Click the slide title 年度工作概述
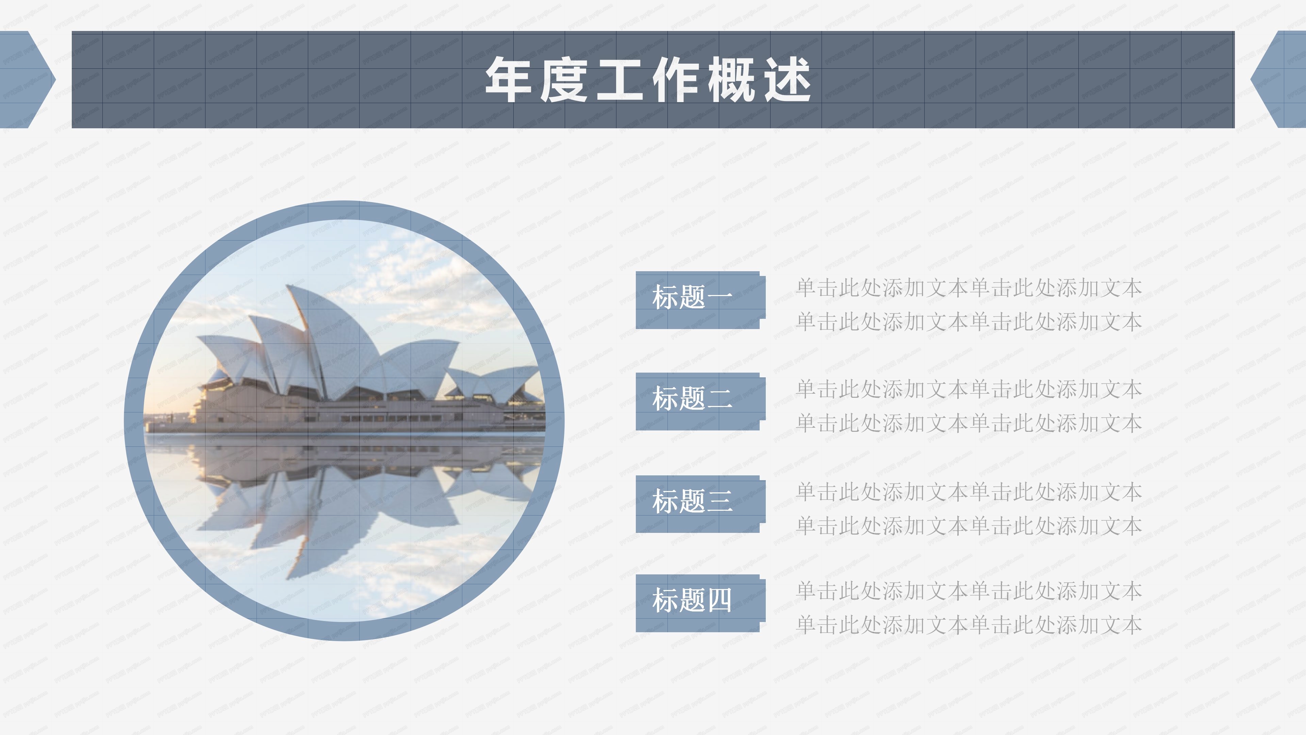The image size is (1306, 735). click(648, 80)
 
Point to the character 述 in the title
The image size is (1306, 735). click(787, 80)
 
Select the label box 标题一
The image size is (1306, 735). click(699, 300)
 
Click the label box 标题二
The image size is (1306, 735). click(699, 401)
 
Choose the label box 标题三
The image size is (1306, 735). click(699, 504)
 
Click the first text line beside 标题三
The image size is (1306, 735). click(968, 492)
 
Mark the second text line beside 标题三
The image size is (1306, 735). click(968, 526)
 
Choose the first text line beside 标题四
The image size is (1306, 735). click(968, 591)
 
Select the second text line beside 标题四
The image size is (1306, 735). click(968, 625)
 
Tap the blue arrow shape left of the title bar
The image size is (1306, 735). click(23, 80)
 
